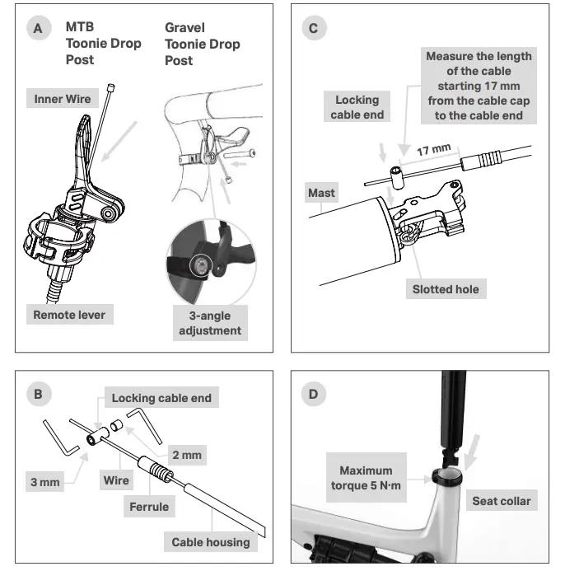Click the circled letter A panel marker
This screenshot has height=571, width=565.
tap(38, 29)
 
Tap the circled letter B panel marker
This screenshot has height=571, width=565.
tap(38, 395)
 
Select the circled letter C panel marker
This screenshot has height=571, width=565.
tap(313, 29)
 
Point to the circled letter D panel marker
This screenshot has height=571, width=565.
tap(313, 395)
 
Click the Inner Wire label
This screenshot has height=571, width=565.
tap(63, 99)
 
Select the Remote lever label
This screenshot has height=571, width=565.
tap(69, 315)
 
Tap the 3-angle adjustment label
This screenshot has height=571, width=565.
tap(210, 323)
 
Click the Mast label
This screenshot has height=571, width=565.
tap(321, 193)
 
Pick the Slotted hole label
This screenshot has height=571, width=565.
tap(446, 289)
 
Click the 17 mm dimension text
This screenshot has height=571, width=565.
tap(433, 151)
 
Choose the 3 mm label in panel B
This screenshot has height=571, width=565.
tap(44, 481)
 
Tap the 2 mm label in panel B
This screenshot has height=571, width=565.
tap(186, 454)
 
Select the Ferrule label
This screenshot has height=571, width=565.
tap(149, 507)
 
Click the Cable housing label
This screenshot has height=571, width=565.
tap(209, 542)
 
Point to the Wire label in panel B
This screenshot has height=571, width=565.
tap(117, 480)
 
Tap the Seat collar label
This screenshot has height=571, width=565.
tap(501, 500)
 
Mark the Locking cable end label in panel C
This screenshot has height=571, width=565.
tap(357, 107)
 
